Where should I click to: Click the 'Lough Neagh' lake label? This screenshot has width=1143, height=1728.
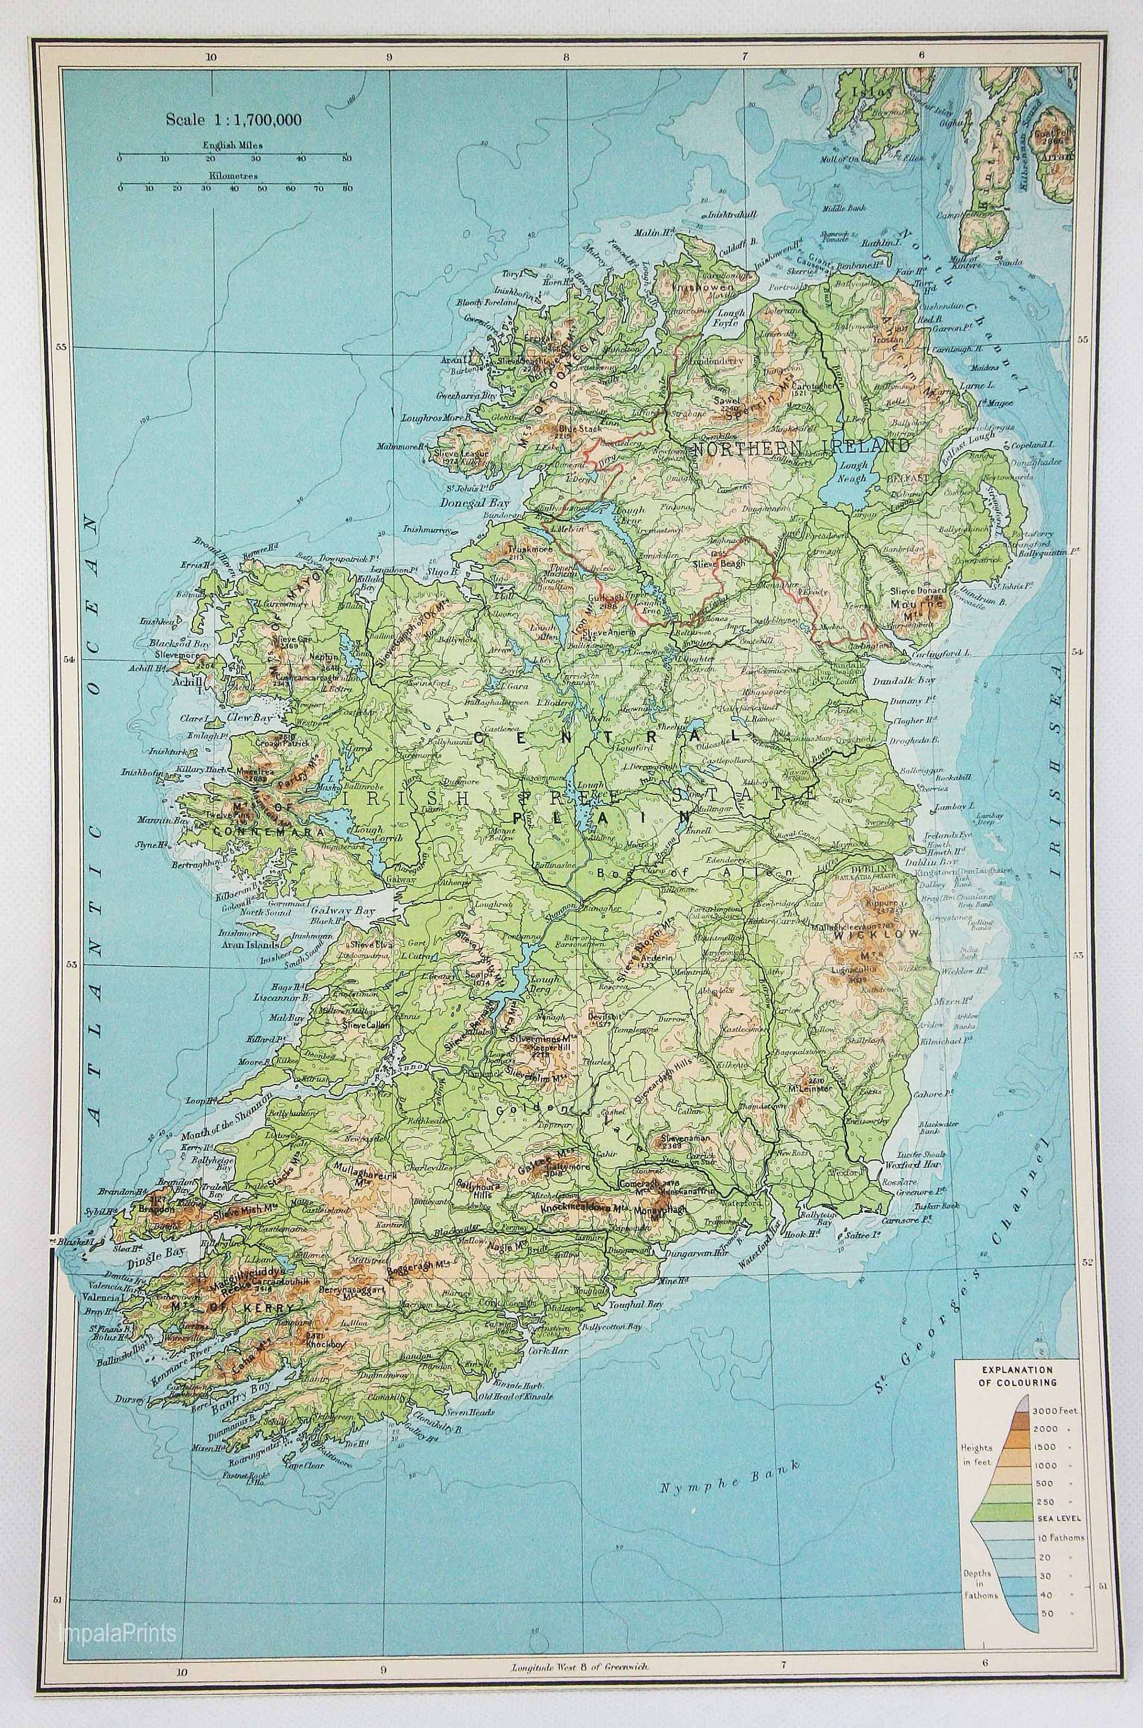pos(854,472)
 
